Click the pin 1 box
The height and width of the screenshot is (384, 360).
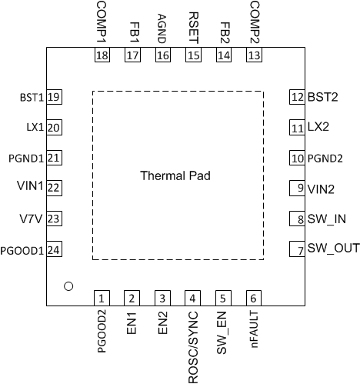click(x=102, y=298)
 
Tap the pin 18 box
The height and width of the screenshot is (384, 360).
click(x=102, y=55)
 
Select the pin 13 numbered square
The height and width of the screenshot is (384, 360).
click(x=253, y=55)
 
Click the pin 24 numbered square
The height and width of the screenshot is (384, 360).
click(x=54, y=249)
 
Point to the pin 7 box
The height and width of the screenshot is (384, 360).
click(x=296, y=249)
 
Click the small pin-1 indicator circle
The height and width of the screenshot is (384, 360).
click(x=68, y=286)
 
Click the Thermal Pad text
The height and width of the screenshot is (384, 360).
click(x=175, y=175)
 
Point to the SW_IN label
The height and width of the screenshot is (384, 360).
click(x=326, y=219)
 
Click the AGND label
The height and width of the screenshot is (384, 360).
click(x=162, y=26)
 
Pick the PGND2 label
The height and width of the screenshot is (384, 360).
click(x=328, y=159)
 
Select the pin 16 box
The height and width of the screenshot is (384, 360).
click(x=162, y=55)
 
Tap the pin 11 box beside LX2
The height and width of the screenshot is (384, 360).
click(x=296, y=128)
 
